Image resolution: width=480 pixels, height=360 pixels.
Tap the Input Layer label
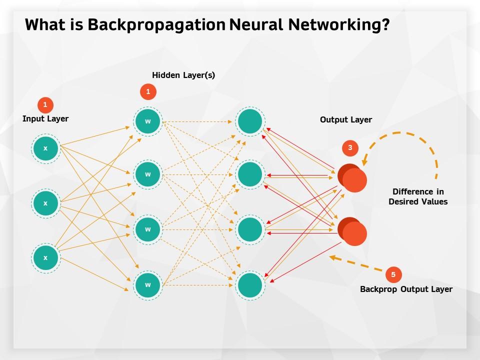[45, 119]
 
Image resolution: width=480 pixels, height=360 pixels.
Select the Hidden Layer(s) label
[183, 75]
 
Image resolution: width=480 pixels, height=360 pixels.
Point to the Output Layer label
[346, 120]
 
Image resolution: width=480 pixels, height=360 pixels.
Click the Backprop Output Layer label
[406, 289]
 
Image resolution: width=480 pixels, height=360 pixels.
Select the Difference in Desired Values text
[418, 197]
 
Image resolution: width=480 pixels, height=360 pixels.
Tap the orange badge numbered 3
[350, 148]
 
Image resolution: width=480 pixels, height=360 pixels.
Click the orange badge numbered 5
[393, 274]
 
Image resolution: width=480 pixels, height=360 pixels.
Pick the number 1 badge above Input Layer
[45, 105]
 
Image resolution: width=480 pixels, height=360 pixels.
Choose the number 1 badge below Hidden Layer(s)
[148, 91]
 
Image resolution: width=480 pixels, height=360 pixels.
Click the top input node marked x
[45, 148]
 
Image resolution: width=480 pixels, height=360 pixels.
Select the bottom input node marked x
[45, 258]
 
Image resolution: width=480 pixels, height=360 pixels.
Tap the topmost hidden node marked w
[148, 121]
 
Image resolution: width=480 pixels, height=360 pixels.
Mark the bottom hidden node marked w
[148, 285]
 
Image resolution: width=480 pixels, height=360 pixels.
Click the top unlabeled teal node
[250, 121]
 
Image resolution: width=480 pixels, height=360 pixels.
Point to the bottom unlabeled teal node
[250, 285]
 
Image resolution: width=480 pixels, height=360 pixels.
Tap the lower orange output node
[353, 232]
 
